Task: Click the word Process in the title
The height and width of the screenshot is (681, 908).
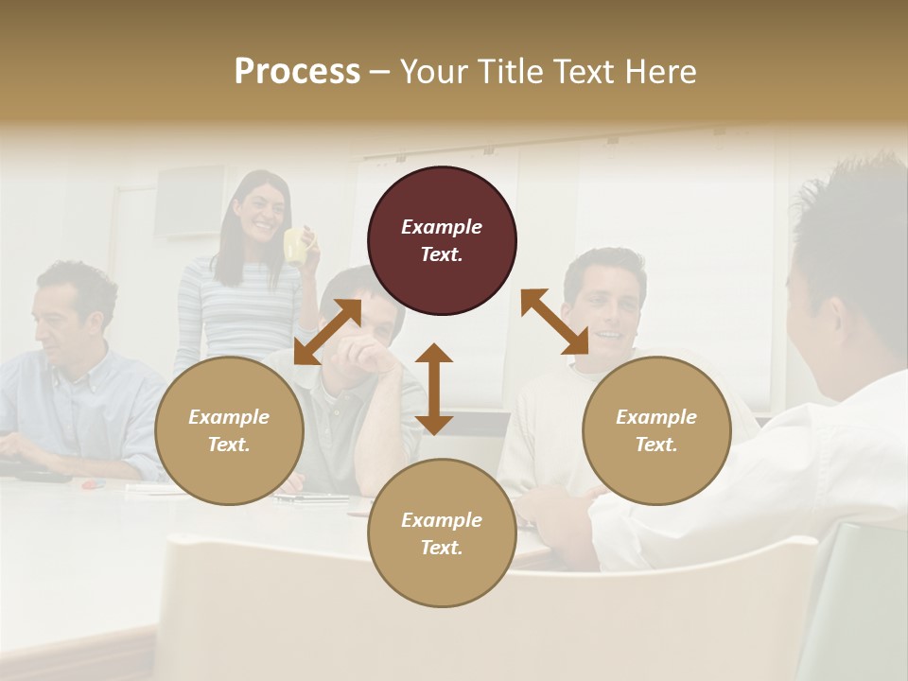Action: pos(297,72)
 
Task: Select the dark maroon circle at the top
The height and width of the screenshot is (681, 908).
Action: pos(442,240)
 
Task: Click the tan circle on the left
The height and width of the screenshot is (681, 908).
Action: pos(229,430)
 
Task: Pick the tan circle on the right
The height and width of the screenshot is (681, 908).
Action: pos(656,430)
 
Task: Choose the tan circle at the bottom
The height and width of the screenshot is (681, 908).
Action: pos(442,533)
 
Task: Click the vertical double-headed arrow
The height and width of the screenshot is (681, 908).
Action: pos(434,389)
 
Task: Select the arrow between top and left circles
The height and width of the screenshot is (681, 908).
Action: pos(328,332)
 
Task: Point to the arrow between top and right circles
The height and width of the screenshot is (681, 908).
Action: pos(554,323)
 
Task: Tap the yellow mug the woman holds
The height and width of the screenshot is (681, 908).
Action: pos(297,245)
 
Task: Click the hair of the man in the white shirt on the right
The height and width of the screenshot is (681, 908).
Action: pos(851,227)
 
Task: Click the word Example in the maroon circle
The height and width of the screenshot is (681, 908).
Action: pos(442,227)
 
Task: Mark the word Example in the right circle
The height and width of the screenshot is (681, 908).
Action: pos(656,417)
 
